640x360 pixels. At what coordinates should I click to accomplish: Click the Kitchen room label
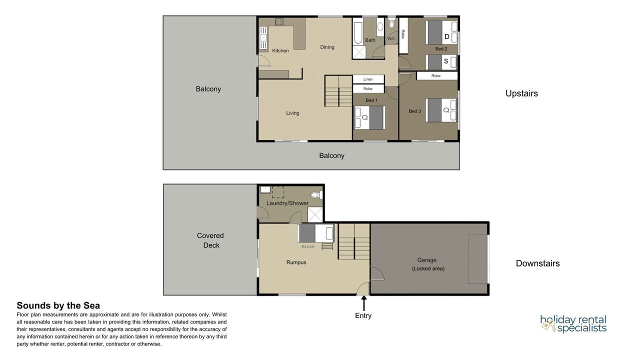280,50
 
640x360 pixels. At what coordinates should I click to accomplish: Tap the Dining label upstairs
327,47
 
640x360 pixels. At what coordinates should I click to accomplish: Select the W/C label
391,39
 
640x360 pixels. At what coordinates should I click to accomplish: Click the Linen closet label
368,79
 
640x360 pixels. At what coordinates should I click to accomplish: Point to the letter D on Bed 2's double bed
447,36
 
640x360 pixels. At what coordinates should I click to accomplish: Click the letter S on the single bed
446,61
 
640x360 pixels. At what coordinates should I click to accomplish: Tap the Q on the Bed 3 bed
446,110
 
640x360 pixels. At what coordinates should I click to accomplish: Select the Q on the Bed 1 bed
364,117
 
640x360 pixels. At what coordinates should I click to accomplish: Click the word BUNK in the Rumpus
308,246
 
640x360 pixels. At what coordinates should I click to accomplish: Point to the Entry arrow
363,303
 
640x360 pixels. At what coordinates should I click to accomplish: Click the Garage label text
426,260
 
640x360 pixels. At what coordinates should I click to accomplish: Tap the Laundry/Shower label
287,203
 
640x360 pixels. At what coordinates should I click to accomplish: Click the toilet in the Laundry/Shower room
316,195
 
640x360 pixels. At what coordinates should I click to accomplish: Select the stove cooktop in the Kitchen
279,21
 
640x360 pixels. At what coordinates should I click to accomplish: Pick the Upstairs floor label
521,93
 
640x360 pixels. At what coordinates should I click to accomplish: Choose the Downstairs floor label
537,263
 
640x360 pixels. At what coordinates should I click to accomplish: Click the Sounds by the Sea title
58,305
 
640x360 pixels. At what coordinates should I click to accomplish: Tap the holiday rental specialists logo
573,323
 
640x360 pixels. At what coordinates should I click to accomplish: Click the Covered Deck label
210,240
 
